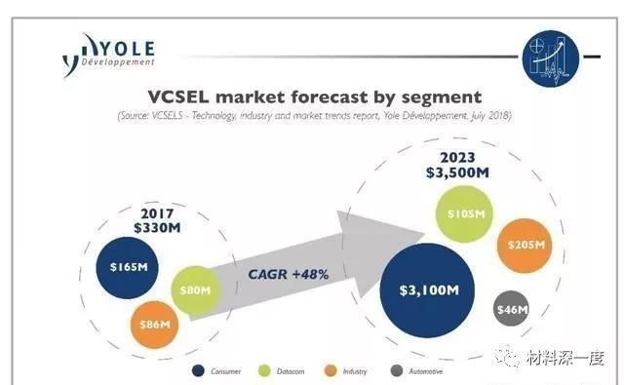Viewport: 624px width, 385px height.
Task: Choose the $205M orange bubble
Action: click(525, 248)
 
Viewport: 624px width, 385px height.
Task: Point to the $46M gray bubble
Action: click(512, 311)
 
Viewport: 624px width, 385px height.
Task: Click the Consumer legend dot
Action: click(199, 371)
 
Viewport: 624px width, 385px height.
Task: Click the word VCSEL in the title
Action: click(186, 96)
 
